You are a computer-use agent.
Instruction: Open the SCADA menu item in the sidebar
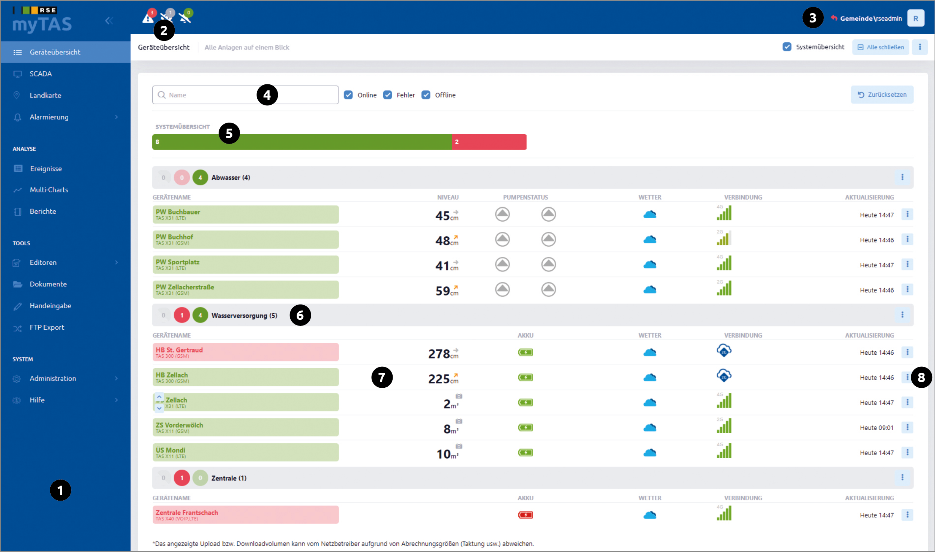[x=40, y=74]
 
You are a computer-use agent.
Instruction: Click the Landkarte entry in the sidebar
[x=45, y=95]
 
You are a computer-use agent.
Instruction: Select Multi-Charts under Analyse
[x=49, y=190]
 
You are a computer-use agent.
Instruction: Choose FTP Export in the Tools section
[x=47, y=327]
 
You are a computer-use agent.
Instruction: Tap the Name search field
[x=245, y=95]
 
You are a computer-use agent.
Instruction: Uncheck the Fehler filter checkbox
[x=387, y=95]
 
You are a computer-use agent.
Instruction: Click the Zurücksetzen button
[x=882, y=94]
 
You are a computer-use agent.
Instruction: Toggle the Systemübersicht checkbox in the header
[x=787, y=47]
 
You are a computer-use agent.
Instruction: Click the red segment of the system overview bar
[x=489, y=142]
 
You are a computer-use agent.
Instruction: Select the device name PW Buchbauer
[x=178, y=212]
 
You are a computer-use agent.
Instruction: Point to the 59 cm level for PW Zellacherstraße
[x=447, y=291]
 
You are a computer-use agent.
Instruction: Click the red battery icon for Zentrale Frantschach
[x=525, y=515]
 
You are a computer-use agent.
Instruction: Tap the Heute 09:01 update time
[x=876, y=428]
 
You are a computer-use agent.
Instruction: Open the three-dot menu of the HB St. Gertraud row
[x=907, y=352]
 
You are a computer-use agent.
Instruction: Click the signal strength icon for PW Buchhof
[x=724, y=238]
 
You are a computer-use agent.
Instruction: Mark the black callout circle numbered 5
[x=229, y=133]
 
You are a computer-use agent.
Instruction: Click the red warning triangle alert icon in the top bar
[x=148, y=18]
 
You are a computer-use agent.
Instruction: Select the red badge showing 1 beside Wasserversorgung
[x=182, y=315]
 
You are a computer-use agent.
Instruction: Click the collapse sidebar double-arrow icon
[x=109, y=21]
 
